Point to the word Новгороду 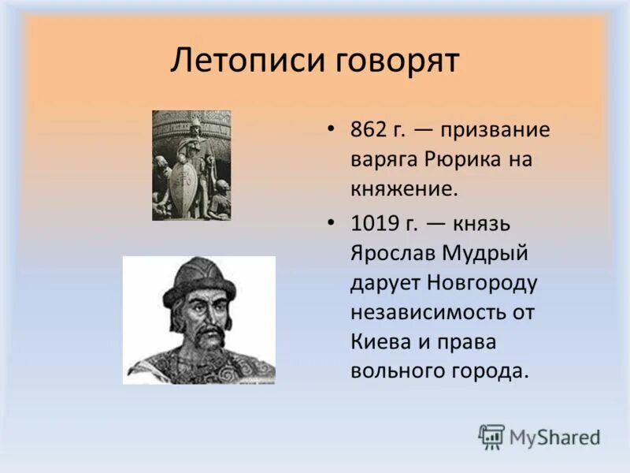click(482, 282)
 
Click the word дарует click(387, 282)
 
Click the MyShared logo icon click(491, 436)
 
